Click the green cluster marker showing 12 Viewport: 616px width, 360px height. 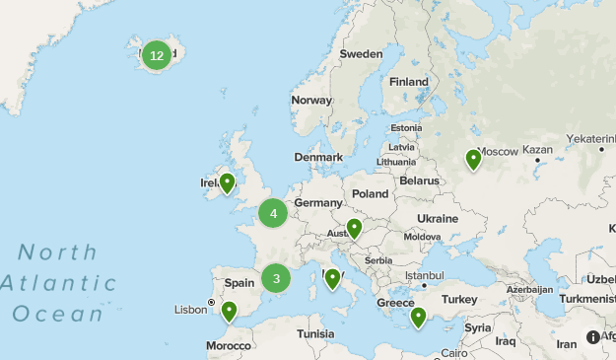[157, 55]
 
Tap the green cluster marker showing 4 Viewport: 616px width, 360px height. [273, 213]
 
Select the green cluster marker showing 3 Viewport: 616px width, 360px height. [276, 278]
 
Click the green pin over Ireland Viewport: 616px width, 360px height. [228, 182]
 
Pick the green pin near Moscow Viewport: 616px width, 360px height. [473, 158]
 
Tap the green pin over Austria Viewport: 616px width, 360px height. [354, 229]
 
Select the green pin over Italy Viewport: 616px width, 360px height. [332, 278]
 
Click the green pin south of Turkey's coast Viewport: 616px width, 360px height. [418, 317]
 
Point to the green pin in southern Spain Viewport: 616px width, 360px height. [229, 312]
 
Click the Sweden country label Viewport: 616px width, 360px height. [360, 53]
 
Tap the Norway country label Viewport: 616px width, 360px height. [311, 100]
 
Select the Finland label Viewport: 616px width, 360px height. [408, 82]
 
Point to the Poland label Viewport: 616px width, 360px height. [371, 194]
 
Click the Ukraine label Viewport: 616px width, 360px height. [438, 218]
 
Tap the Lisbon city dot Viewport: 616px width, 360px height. [211, 303]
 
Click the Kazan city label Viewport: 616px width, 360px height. [538, 151]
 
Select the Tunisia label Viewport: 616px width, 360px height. [315, 333]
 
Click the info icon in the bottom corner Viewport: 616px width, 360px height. [593, 337]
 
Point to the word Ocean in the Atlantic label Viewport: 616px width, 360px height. [58, 315]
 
